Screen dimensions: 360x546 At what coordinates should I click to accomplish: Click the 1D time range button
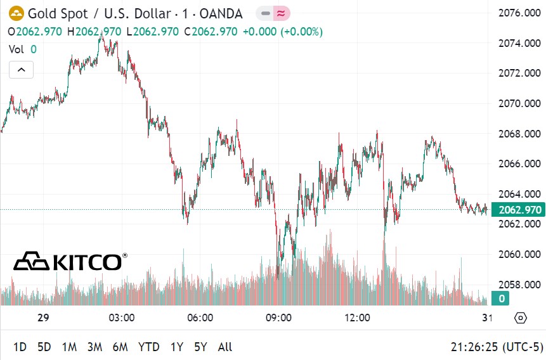[x=20, y=347]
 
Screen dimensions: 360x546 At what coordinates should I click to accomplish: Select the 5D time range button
[x=44, y=347]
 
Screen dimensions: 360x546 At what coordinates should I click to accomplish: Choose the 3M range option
[x=94, y=347]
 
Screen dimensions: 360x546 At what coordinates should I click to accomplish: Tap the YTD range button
[x=148, y=347]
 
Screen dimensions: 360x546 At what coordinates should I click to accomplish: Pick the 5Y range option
[x=200, y=347]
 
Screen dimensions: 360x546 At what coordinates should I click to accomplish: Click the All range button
[x=224, y=347]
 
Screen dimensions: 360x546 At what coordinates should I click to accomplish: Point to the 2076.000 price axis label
[x=519, y=13]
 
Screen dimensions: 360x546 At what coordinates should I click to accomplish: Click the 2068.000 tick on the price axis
[x=519, y=134]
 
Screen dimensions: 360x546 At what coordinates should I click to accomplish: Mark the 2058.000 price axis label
[x=519, y=285]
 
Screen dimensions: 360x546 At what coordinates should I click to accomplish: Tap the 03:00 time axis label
[x=121, y=318]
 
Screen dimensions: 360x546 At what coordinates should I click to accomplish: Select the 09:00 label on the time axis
[x=278, y=318]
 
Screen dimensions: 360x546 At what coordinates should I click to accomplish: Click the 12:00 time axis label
[x=357, y=318]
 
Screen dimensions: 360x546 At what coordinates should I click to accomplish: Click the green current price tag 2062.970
[x=519, y=210]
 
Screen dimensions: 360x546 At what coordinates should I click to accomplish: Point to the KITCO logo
[x=70, y=260]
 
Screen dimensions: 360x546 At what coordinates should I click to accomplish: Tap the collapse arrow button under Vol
[x=21, y=70]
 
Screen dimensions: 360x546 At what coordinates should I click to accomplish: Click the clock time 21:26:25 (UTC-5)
[x=497, y=347]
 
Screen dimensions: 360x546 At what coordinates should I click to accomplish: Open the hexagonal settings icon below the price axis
[x=521, y=318]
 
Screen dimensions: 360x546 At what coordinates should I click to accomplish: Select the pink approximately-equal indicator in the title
[x=281, y=13]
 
